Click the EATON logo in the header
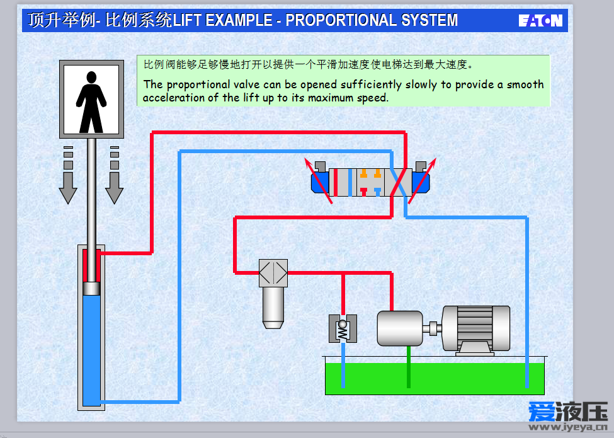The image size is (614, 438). (x=540, y=20)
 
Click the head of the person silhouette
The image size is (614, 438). (x=92, y=77)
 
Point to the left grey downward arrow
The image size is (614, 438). (x=68, y=175)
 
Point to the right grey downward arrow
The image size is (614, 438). (x=115, y=175)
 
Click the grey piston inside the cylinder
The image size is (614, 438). (x=92, y=289)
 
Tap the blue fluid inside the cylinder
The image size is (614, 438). (x=92, y=350)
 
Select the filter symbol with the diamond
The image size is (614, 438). (x=273, y=273)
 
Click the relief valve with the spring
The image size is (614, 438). (x=343, y=329)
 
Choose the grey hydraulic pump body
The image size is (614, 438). (x=400, y=328)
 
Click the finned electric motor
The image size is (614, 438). (x=476, y=330)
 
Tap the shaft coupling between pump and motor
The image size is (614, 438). (x=432, y=329)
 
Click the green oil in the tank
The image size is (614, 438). (x=435, y=379)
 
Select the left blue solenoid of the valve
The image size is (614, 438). (x=320, y=183)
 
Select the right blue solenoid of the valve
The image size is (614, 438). (x=421, y=183)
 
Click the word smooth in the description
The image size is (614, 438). (x=525, y=84)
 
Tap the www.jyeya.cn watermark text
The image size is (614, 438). (x=568, y=426)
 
